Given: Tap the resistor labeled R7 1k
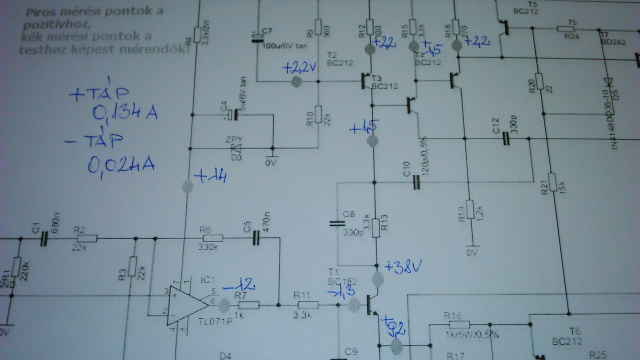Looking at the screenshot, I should coord(249,305).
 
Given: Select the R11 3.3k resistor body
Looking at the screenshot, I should coord(308,305).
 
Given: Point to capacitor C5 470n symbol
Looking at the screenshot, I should coord(256,238).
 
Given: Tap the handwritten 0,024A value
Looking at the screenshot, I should coord(120,164).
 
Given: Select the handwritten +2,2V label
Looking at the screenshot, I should coord(300,68).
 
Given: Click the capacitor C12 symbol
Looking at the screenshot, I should coord(505,138).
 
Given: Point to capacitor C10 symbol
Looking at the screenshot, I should coord(416,183).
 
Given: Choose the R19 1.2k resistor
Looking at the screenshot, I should coord(469,210).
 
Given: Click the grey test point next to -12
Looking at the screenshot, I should coord(224,304).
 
